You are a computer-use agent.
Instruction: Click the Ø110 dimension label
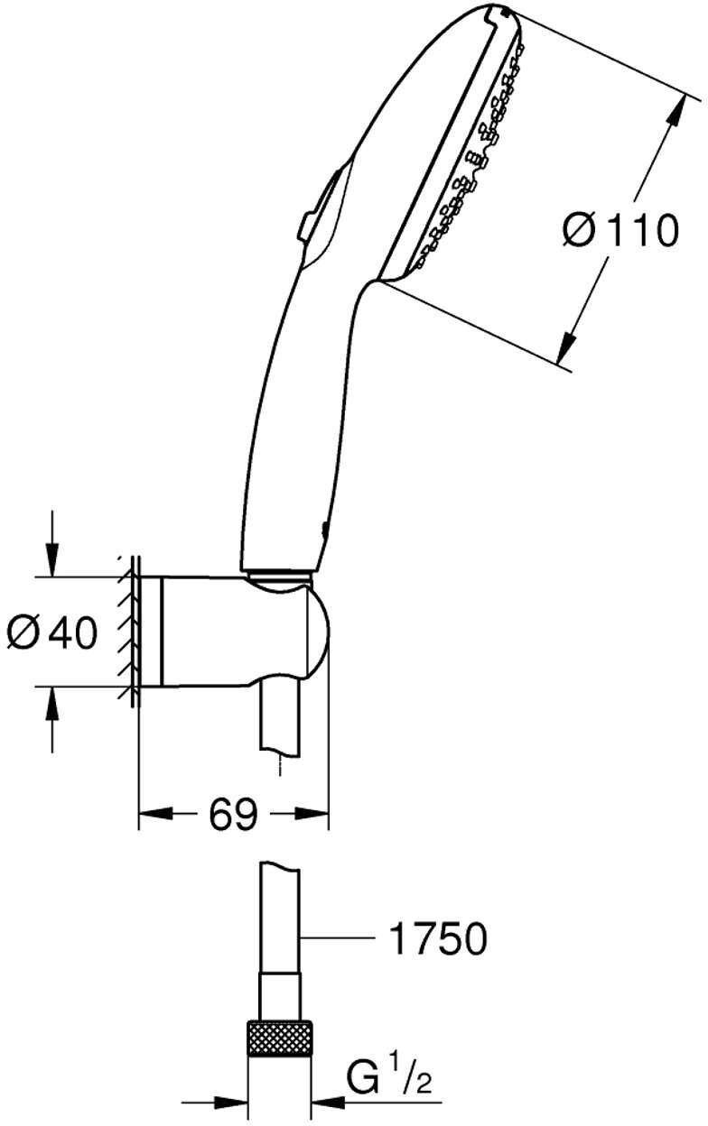point(619,230)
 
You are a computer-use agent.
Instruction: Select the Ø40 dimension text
point(51,632)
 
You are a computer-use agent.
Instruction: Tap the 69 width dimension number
point(233,815)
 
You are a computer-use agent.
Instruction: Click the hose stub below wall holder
point(283,722)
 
